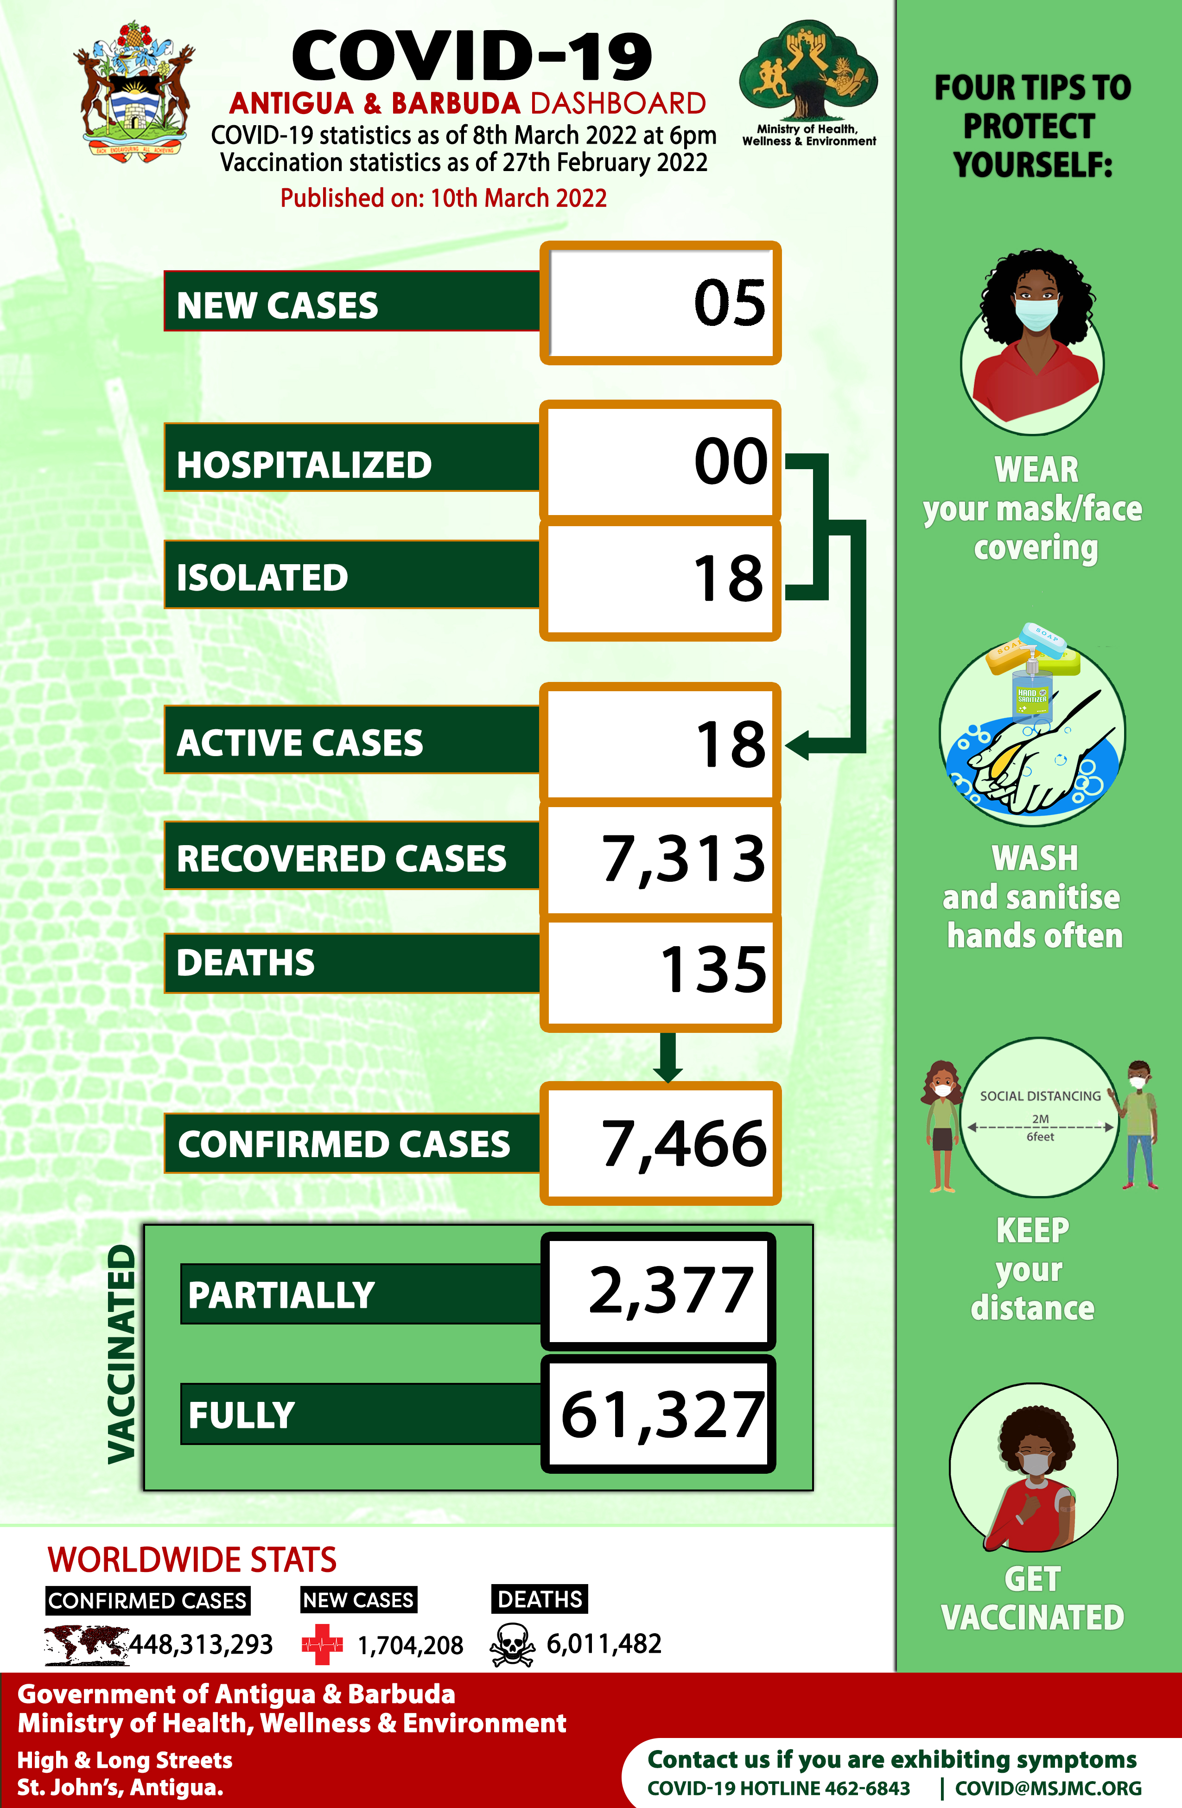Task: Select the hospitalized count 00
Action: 731,461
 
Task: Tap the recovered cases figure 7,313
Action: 684,859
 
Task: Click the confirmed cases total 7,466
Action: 684,1144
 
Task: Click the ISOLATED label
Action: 262,577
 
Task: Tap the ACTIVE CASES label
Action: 299,743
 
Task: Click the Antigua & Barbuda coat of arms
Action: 134,89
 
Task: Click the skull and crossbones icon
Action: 512,1645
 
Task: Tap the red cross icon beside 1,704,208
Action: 322,1645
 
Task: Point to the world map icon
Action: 86,1645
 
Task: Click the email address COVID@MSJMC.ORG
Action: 1049,1788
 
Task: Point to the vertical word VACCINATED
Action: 121,1354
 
